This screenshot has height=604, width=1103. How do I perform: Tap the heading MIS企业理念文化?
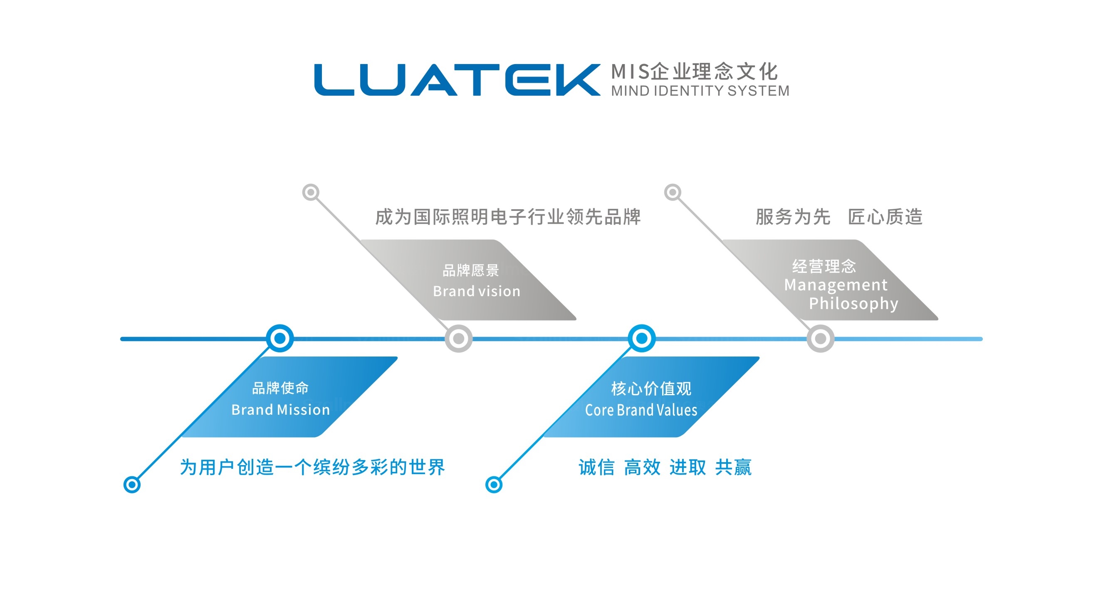point(694,71)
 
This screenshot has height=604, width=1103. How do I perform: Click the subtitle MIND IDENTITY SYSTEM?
point(700,91)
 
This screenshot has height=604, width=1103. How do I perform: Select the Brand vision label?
point(477,291)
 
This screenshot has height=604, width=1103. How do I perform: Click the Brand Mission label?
point(280,410)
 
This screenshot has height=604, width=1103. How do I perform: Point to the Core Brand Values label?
point(641,411)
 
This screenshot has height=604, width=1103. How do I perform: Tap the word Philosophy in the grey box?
point(853,303)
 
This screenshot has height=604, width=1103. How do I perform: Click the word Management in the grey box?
point(836,285)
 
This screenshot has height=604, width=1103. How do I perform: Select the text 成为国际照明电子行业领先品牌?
point(508,217)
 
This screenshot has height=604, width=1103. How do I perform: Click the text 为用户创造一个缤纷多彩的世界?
point(313,467)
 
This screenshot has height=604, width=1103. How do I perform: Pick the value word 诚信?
point(596,467)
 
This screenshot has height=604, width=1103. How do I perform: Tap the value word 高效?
point(642,467)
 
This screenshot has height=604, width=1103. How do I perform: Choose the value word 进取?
point(688,467)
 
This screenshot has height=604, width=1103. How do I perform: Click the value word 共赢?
point(733,467)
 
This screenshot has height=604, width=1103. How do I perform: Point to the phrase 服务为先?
point(793,217)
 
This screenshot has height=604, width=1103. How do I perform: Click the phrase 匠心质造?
point(885,217)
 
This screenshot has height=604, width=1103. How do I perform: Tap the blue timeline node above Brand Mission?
point(280,339)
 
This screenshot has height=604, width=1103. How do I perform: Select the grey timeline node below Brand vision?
point(459,339)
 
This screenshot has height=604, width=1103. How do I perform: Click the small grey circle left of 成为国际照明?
point(311,192)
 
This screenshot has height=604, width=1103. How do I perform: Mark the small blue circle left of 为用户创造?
point(132,485)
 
